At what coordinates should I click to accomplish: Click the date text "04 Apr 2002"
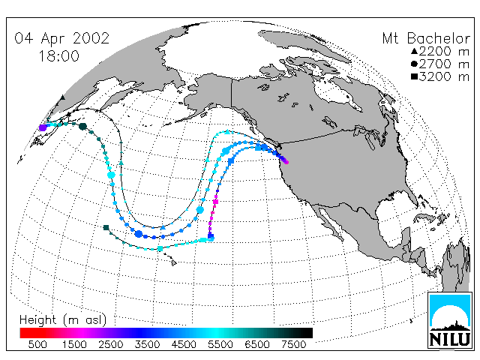point(61,38)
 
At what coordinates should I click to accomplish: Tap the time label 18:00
point(58,56)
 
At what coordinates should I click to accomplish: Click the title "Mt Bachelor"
point(426,38)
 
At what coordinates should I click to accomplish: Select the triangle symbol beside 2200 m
point(415,51)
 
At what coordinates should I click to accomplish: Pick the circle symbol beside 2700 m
point(415,64)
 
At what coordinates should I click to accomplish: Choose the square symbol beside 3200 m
point(415,76)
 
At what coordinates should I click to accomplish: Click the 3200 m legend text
point(444,76)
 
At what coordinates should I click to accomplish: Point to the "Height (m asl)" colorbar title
point(63,320)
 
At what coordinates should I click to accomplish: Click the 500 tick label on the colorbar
point(37,344)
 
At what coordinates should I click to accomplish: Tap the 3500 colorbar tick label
point(147,344)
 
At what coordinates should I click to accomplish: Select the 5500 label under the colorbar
point(220,344)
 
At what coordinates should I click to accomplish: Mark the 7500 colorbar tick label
point(293,344)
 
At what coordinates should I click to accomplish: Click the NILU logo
point(450,321)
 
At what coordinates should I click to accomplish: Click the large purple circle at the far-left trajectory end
point(43,127)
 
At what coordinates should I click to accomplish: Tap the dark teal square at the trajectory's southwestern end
point(106,227)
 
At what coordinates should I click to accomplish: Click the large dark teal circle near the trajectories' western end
point(82,126)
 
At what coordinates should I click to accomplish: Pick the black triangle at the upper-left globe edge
point(62,97)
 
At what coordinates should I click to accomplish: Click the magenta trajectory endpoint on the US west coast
point(286,162)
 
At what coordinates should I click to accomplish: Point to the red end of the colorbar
point(23,333)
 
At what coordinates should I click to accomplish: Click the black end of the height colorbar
point(309,333)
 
